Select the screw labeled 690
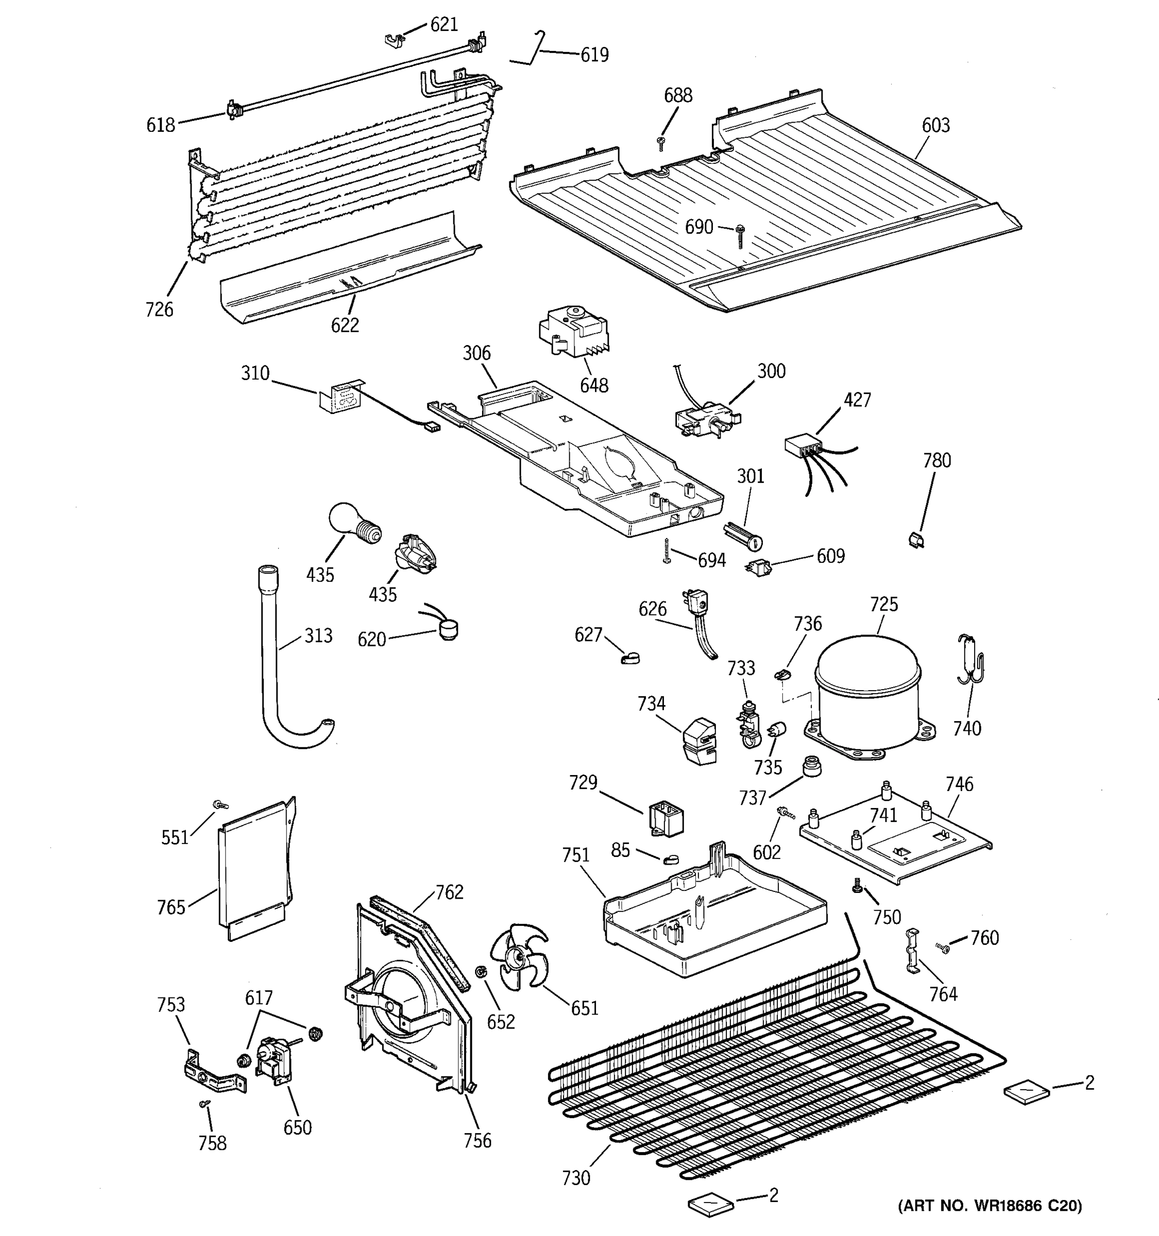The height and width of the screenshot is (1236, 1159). point(739,235)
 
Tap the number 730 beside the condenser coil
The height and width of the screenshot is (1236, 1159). point(575,1178)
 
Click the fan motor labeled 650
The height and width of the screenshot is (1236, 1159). point(271,1061)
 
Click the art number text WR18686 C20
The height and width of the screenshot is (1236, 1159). point(990,1206)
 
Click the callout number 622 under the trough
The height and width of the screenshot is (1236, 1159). point(345,325)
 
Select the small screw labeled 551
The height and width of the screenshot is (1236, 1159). point(219,804)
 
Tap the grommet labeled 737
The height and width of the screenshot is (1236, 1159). point(810,766)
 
